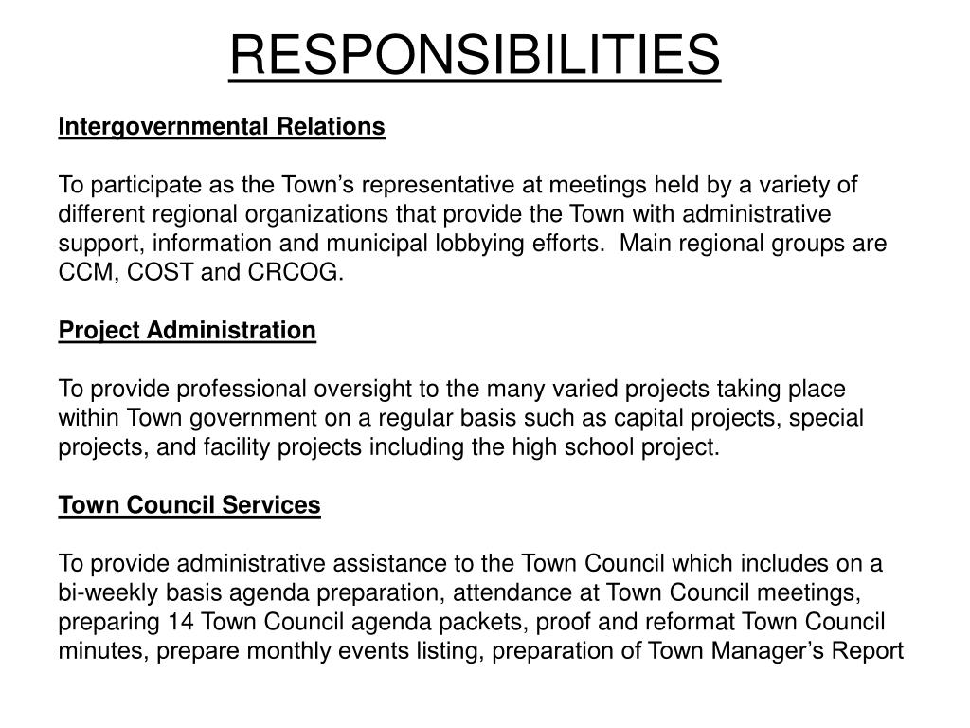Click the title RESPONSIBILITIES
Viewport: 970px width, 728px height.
[475, 55]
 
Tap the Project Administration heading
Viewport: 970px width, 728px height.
[187, 330]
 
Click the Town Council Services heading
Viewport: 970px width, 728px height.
[189, 505]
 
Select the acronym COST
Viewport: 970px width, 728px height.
[158, 273]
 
